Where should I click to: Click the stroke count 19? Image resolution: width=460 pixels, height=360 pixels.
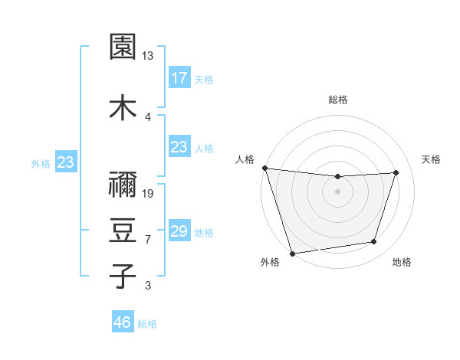(x=148, y=194)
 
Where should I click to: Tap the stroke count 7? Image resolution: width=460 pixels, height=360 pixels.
(x=148, y=240)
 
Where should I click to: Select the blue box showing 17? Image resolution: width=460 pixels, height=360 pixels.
(x=179, y=78)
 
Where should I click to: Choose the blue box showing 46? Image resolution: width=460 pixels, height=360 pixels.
(x=123, y=322)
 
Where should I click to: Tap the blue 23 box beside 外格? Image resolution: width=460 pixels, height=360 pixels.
(x=66, y=162)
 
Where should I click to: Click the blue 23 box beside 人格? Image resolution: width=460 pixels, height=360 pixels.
(x=179, y=147)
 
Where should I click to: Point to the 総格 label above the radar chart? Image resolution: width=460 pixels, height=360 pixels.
(x=338, y=100)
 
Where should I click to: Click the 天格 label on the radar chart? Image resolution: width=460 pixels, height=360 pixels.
(x=431, y=159)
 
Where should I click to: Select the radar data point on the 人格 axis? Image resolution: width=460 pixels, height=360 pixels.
(x=264, y=168)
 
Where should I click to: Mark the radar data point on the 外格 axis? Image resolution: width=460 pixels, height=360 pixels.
(x=292, y=253)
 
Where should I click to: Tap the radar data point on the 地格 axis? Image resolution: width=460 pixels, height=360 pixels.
(x=374, y=242)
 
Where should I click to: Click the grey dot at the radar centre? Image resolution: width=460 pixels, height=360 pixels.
(x=337, y=191)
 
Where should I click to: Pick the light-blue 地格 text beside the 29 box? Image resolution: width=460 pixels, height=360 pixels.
(x=204, y=233)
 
